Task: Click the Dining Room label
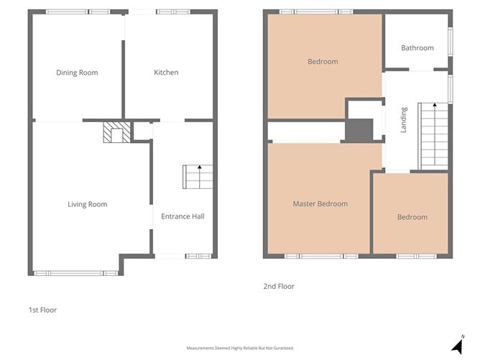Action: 77,73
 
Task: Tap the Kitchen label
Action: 166,73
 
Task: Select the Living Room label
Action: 87,205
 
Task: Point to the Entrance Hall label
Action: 183,216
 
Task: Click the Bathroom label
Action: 417,48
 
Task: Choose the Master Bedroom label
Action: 320,204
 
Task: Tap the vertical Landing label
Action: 404,119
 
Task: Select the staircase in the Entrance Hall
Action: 198,176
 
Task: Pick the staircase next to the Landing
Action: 433,135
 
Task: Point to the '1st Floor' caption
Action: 42,310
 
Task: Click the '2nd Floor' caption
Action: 278,287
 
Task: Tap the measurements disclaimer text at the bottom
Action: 240,348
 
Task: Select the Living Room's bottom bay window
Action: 75,273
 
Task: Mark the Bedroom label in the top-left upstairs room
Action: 323,62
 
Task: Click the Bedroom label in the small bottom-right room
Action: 412,217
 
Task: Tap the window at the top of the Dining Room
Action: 78,11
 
